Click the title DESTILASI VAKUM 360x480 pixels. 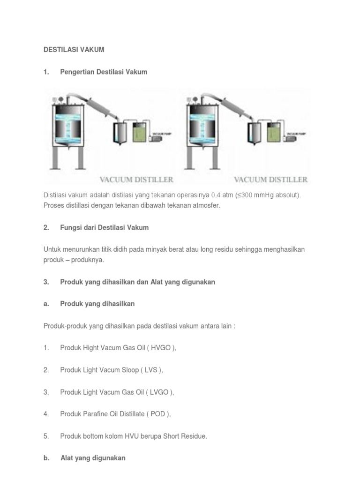pos(74,49)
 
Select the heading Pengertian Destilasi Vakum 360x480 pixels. pos(104,72)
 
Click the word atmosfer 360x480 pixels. pos(204,205)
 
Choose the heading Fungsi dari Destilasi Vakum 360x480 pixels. pos(104,227)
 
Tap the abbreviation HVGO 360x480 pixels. pos(161,348)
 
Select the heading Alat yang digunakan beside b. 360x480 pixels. pos(93,458)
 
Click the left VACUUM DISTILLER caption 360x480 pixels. pos(136,180)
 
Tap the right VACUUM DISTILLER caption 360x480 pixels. pos(270,180)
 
